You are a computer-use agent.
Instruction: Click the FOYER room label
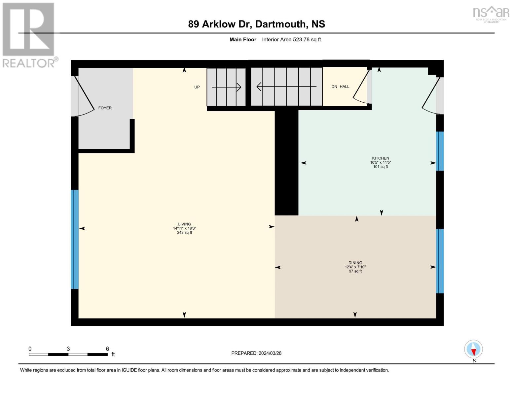pos(105,108)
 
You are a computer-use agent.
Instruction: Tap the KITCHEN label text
pos(381,158)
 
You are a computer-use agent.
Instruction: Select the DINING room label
pos(355,263)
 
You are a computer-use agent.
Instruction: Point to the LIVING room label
pos(184,224)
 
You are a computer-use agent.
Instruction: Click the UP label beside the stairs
pos(197,87)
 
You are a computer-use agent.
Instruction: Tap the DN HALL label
pos(340,86)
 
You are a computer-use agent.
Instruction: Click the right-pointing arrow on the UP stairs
pos(226,87)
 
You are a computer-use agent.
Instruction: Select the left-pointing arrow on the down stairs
pos(286,87)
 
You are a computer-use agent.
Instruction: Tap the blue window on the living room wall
pos(75,239)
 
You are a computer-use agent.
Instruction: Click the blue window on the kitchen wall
pos(440,151)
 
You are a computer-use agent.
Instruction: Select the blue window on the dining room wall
pos(440,261)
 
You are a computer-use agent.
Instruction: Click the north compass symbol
pos(473,349)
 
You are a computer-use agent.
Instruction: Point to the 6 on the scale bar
pos(107,349)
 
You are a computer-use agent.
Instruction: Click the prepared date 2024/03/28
pos(256,353)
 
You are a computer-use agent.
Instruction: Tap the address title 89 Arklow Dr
pos(256,24)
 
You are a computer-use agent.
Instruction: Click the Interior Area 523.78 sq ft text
pos(291,40)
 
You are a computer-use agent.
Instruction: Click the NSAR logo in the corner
pos(491,14)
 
